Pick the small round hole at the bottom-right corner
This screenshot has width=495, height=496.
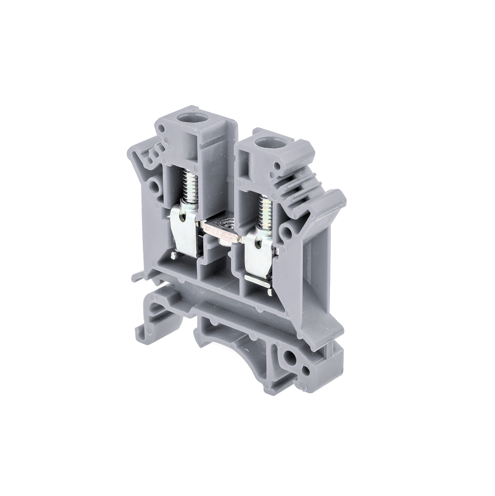306,369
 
